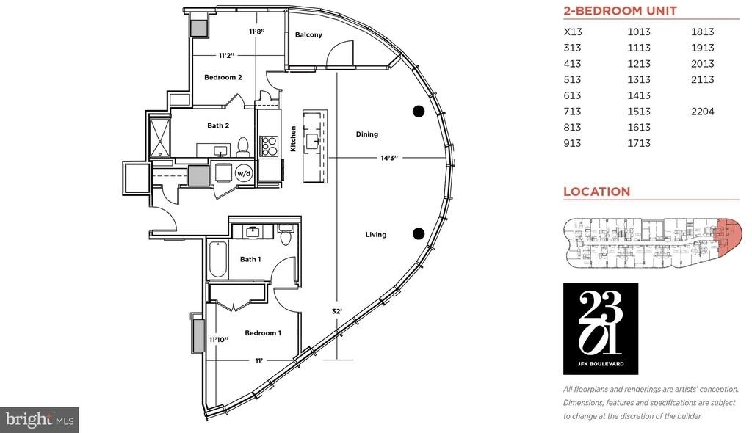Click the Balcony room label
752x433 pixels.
(x=308, y=34)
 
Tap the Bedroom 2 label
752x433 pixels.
(x=223, y=77)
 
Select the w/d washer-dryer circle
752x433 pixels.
(x=244, y=173)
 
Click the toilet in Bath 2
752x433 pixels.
(x=243, y=147)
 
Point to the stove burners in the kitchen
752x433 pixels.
(x=269, y=146)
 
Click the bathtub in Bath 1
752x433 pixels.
(x=217, y=259)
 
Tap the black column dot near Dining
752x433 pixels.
(x=419, y=112)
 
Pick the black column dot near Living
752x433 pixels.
(x=419, y=233)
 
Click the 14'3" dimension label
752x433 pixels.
(x=389, y=158)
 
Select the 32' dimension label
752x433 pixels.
(x=336, y=311)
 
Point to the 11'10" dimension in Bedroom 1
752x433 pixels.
(x=219, y=340)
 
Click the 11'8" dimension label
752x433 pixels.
(x=257, y=32)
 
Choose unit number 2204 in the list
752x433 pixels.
(x=703, y=112)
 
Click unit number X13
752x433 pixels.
(x=573, y=32)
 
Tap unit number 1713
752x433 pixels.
(x=639, y=143)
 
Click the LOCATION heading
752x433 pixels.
(x=596, y=192)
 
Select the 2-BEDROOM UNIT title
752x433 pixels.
(x=620, y=11)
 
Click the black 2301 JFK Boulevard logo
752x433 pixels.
(x=601, y=329)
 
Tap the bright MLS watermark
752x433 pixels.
(x=40, y=420)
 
